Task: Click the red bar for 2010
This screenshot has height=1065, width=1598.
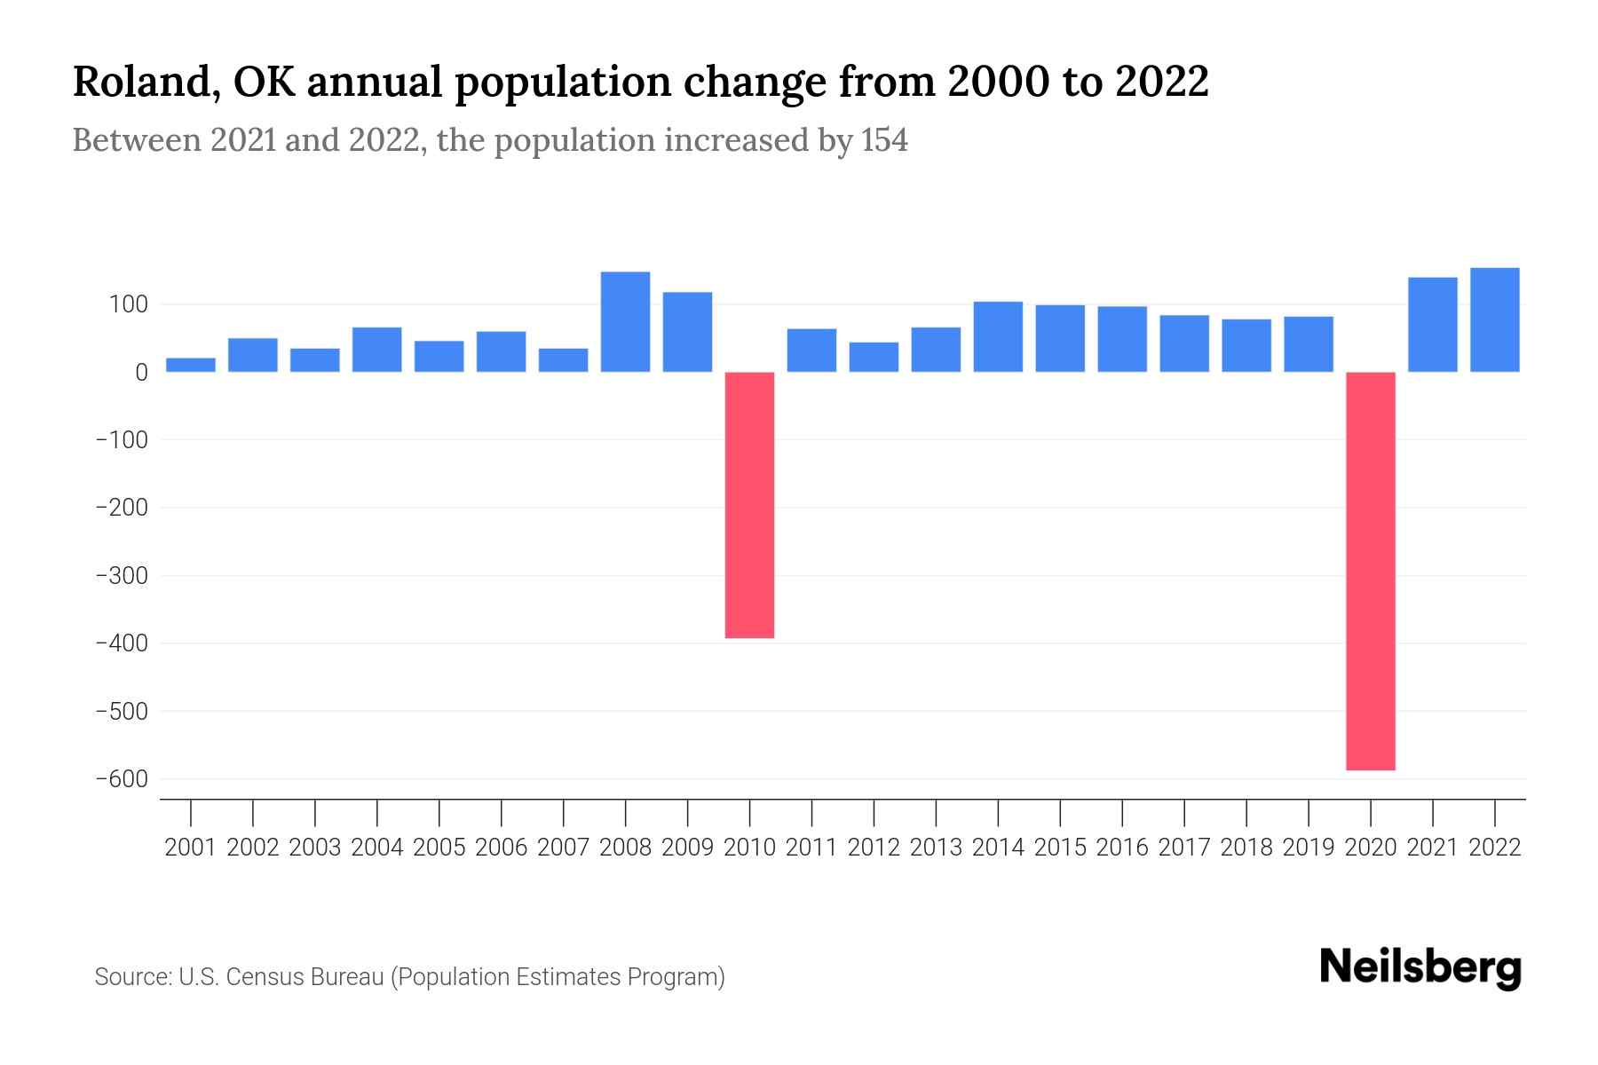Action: [749, 504]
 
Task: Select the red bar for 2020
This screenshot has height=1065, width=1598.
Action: [1370, 571]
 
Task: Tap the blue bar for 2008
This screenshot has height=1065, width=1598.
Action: [625, 321]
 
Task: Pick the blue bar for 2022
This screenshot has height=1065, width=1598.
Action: [1494, 319]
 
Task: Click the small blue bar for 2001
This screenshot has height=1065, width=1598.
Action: [191, 365]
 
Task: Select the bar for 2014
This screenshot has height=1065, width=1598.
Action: [998, 336]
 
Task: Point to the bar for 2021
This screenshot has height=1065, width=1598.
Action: [1432, 324]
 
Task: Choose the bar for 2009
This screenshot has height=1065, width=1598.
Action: [687, 331]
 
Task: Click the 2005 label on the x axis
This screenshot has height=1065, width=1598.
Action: [439, 848]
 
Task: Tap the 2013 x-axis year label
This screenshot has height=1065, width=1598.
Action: [936, 848]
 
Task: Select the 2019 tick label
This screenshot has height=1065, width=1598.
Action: [1308, 848]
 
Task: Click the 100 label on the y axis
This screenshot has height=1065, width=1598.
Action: [128, 304]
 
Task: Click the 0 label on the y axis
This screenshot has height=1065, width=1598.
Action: [141, 373]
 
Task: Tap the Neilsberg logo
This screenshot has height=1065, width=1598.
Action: [1420, 967]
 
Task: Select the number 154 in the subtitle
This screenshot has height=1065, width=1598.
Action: [884, 140]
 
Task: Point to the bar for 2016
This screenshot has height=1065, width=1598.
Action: [1122, 338]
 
